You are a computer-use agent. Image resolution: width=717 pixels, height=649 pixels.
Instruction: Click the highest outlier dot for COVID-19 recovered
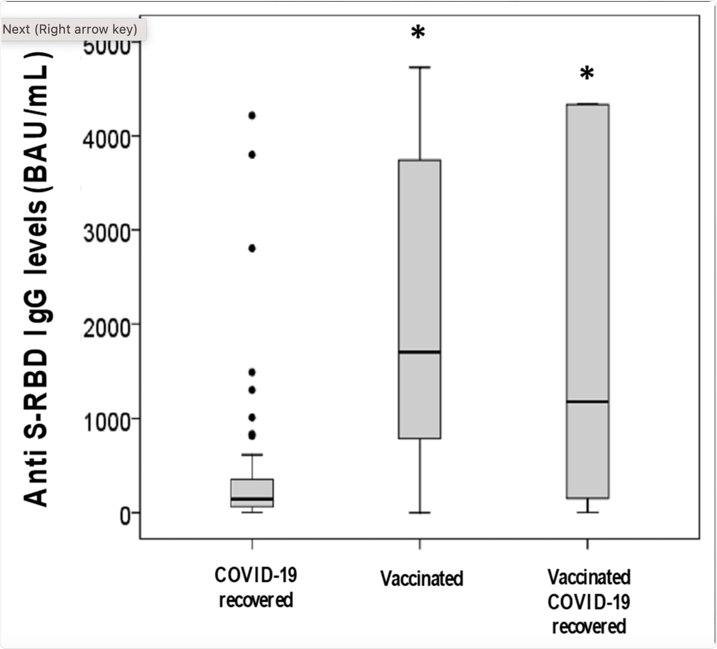(252, 115)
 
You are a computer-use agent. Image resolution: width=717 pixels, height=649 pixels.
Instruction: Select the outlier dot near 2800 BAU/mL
(252, 248)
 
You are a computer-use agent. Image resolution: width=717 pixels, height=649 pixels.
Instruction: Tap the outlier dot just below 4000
(252, 155)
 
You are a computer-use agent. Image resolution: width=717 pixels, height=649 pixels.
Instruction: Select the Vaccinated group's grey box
(419, 261)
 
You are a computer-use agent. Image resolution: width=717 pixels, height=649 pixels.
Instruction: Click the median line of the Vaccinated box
(419, 352)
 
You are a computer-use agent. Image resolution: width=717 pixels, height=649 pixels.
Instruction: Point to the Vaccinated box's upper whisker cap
(419, 68)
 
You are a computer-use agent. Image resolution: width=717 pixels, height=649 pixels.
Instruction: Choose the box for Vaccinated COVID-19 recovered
(587, 261)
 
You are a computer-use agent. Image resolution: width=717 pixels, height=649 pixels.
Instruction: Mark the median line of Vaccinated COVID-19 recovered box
(587, 402)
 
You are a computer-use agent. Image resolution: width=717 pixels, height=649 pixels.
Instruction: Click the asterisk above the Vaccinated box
(418, 33)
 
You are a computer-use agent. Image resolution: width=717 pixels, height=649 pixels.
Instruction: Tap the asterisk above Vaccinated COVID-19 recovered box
(587, 74)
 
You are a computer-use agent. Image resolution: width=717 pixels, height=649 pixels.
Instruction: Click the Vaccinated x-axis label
(422, 578)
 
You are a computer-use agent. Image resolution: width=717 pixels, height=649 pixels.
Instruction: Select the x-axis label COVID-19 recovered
(255, 587)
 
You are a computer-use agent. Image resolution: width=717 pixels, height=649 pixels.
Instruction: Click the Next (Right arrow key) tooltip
(70, 29)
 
